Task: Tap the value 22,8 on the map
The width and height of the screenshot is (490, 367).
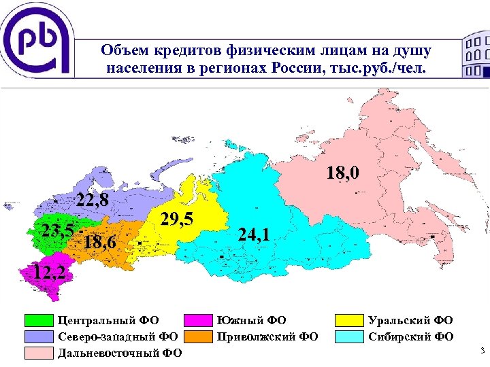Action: pyautogui.click(x=93, y=200)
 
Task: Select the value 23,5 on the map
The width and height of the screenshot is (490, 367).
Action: pyautogui.click(x=56, y=229)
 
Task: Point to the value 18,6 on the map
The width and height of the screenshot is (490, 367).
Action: pyautogui.click(x=99, y=243)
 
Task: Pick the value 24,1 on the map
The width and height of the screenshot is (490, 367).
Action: pyautogui.click(x=255, y=234)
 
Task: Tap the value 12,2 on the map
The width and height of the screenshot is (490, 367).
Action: pyautogui.click(x=49, y=273)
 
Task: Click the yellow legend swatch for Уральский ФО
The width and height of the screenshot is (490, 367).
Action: pyautogui.click(x=349, y=320)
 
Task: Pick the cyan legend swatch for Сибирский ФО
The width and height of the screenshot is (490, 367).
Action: pyautogui.click(x=349, y=336)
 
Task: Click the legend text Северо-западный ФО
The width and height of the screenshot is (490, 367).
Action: pyautogui.click(x=118, y=336)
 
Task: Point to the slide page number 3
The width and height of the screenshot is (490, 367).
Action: pyautogui.click(x=481, y=351)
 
